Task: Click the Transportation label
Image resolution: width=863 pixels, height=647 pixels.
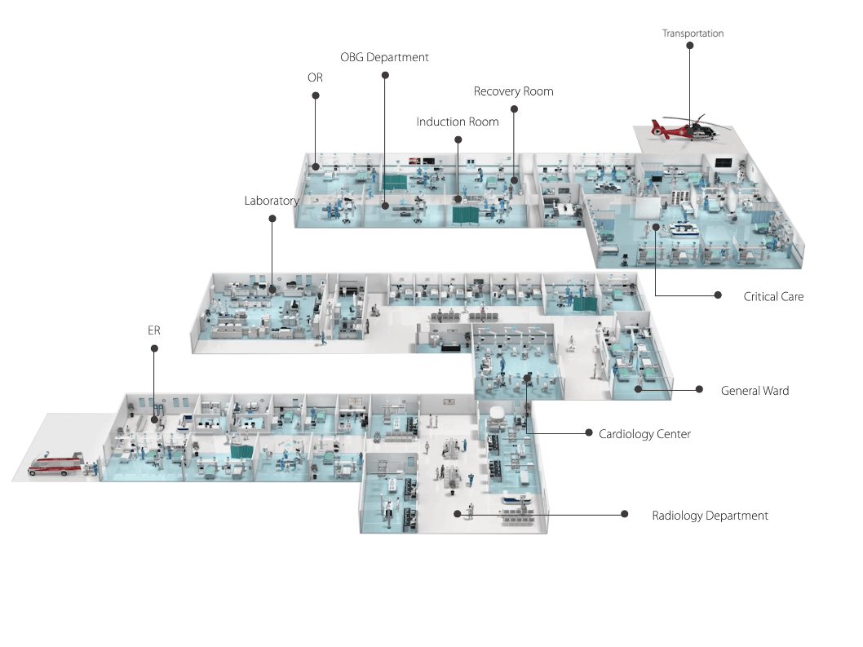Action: point(693,33)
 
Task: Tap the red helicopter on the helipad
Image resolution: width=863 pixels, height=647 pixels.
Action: point(682,128)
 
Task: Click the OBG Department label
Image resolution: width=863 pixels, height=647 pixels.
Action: point(384,57)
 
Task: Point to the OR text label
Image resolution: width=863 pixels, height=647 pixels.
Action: point(315,78)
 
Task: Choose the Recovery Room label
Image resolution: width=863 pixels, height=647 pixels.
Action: point(513,91)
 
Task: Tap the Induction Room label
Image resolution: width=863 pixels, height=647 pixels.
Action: point(457,122)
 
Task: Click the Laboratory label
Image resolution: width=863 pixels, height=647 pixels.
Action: point(272,200)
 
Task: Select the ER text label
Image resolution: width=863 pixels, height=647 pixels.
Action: point(153,330)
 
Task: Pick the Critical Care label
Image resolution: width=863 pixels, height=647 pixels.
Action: point(773,296)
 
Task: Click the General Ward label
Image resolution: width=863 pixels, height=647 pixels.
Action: point(755,391)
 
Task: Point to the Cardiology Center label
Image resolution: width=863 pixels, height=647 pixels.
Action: point(644,434)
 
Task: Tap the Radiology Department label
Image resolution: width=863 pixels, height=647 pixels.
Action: point(710,516)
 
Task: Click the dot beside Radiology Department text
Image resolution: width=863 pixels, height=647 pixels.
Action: point(625,514)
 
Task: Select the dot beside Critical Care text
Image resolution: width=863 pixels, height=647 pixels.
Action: point(718,295)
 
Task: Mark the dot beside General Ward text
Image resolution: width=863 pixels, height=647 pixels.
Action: point(699,389)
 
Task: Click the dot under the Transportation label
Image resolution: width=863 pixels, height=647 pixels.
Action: point(690,47)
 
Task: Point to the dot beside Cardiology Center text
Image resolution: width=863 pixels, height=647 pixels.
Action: point(589,432)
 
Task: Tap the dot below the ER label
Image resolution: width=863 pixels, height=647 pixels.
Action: point(154,348)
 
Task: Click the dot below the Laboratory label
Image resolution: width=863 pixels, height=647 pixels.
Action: point(272,219)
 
